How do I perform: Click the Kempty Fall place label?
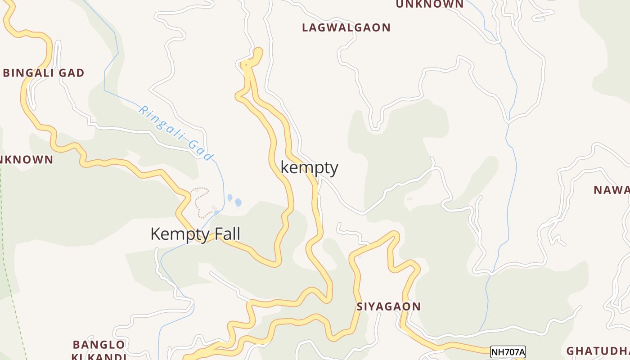point(195,234)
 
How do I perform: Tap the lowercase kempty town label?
point(309,167)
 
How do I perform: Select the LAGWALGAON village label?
point(346,27)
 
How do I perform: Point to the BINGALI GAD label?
point(44,73)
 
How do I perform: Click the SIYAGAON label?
point(389,306)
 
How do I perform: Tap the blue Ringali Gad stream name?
point(175,133)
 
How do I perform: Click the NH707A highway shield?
point(508,352)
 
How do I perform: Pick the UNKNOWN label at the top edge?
point(429,4)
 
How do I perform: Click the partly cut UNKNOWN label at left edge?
point(26,159)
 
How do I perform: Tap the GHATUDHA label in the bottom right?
point(598,351)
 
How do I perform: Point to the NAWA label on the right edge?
point(611,190)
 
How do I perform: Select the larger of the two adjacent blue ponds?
point(238,202)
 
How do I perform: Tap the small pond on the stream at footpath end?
point(216,212)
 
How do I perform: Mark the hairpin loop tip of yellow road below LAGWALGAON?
point(258,51)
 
